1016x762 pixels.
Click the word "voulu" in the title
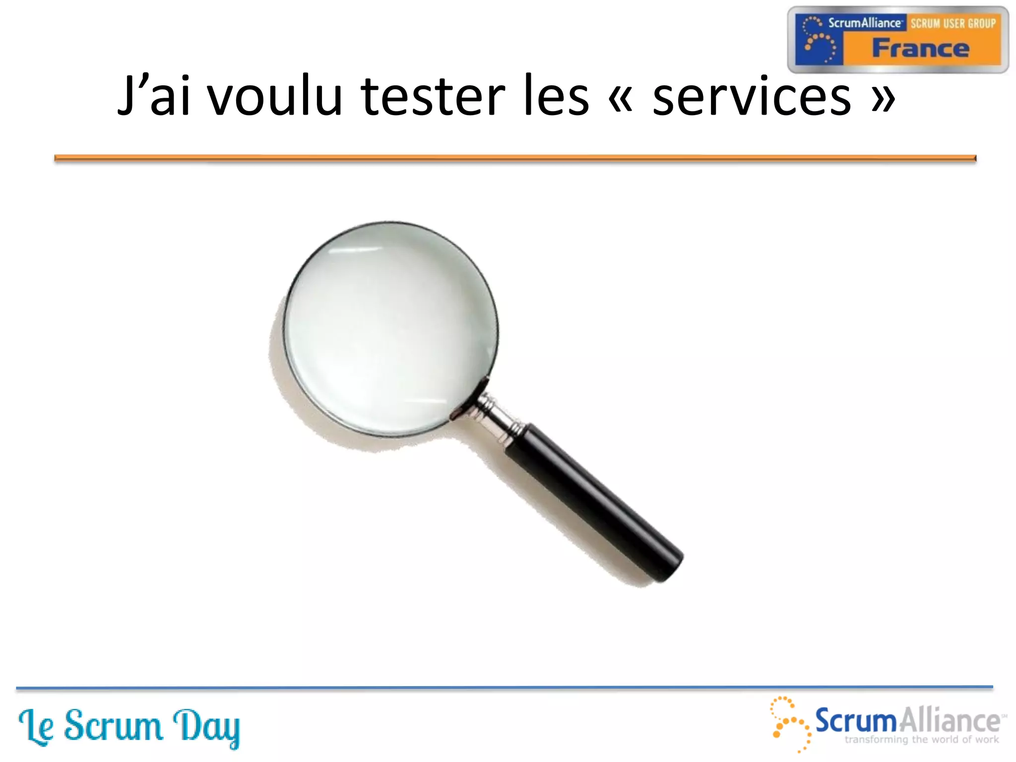(275, 96)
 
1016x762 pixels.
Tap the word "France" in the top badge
(920, 49)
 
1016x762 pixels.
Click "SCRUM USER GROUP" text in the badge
(953, 23)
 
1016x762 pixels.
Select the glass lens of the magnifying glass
(390, 328)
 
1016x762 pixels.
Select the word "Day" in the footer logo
(206, 727)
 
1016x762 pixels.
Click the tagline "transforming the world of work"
(922, 740)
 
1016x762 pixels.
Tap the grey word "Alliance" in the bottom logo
(950, 720)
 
